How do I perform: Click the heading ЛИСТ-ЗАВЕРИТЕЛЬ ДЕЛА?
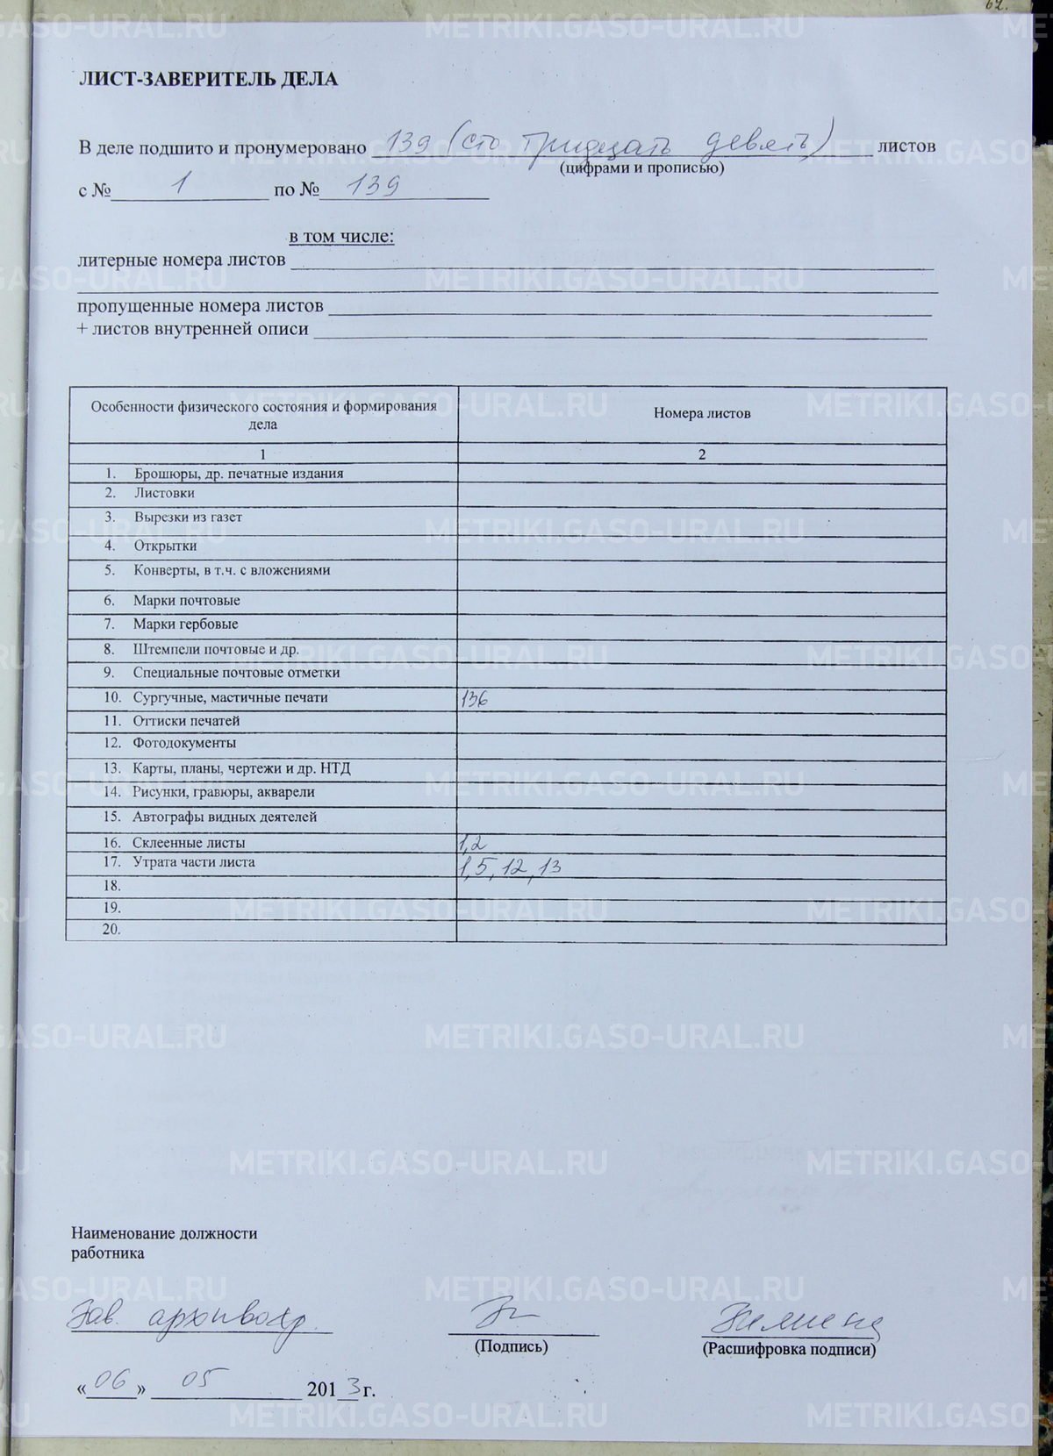pyautogui.click(x=208, y=80)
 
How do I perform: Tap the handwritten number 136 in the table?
pyautogui.click(x=474, y=699)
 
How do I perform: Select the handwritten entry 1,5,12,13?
pyautogui.click(x=509, y=867)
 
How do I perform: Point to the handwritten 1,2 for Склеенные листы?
pyautogui.click(x=472, y=844)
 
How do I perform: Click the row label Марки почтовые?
pyautogui.click(x=186, y=601)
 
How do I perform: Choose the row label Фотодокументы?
pyautogui.click(x=184, y=743)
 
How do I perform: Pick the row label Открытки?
pyautogui.click(x=165, y=546)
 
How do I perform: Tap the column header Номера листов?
pyautogui.click(x=701, y=414)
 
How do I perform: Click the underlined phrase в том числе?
pyautogui.click(x=341, y=237)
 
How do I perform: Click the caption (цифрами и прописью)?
pyautogui.click(x=641, y=168)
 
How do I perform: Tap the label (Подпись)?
pyautogui.click(x=511, y=1345)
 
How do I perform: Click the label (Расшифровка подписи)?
pyautogui.click(x=789, y=1349)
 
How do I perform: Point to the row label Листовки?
pyautogui.click(x=164, y=493)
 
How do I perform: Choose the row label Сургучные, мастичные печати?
pyautogui.click(x=230, y=698)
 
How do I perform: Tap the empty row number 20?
pyautogui.click(x=111, y=930)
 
